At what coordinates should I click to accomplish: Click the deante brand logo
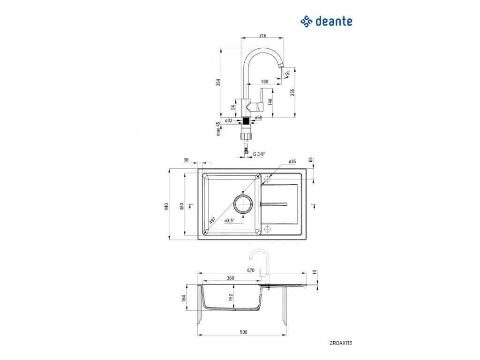(x=326, y=21)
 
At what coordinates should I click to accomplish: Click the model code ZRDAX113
(x=341, y=343)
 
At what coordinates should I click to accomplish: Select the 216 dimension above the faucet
(x=263, y=35)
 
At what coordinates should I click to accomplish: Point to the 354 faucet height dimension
(x=218, y=82)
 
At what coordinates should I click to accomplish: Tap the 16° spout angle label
(x=287, y=73)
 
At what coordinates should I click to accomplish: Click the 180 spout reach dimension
(x=264, y=82)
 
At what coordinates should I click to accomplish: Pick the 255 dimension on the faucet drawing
(x=292, y=93)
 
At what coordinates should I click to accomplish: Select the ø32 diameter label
(x=229, y=120)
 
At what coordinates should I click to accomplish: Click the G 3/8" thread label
(x=259, y=154)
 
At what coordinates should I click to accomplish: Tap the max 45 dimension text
(x=218, y=129)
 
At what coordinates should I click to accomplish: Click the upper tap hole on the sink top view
(x=268, y=179)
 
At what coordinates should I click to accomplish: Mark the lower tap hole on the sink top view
(x=268, y=229)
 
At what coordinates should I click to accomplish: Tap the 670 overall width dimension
(x=250, y=270)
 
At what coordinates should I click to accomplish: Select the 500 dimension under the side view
(x=243, y=332)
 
